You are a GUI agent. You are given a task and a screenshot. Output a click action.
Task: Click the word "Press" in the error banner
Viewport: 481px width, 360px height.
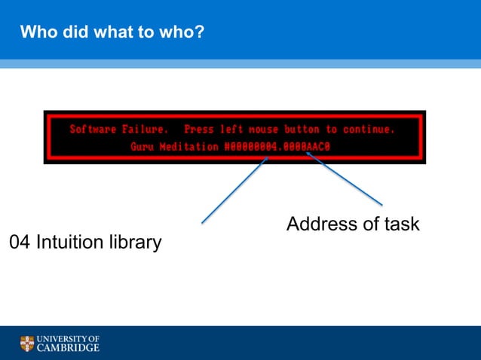point(199,130)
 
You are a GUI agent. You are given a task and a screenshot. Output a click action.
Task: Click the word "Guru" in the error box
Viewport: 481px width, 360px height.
point(142,147)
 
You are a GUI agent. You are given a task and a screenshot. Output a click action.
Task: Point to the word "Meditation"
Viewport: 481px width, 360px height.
point(188,147)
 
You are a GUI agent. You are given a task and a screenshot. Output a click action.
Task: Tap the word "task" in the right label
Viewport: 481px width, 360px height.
point(401,224)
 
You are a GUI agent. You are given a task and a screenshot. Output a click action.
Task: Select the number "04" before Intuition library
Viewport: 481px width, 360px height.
point(20,243)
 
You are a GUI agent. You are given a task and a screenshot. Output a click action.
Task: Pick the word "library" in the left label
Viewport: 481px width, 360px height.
point(135,243)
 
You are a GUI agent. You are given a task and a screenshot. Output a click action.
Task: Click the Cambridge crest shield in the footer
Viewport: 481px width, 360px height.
point(28,344)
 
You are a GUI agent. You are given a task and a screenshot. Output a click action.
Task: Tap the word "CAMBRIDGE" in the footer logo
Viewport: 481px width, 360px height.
point(69,349)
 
